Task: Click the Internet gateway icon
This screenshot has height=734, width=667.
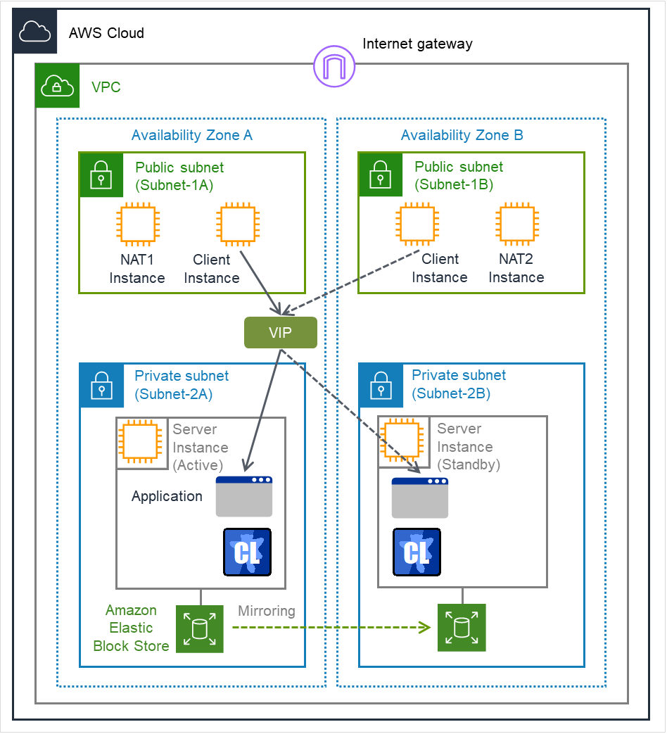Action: (x=334, y=66)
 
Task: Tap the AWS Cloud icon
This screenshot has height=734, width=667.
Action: (x=34, y=32)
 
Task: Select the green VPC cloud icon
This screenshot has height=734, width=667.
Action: (x=58, y=87)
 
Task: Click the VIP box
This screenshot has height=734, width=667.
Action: (x=280, y=333)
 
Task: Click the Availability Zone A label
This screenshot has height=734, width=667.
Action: (x=191, y=136)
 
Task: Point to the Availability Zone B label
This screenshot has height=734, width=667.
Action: (x=462, y=136)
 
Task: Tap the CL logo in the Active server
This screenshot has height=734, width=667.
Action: (x=247, y=552)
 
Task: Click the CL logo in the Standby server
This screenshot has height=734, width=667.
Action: (x=417, y=552)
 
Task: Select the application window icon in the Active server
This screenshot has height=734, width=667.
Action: (x=244, y=497)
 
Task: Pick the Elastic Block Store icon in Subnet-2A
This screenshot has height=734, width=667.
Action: (x=199, y=628)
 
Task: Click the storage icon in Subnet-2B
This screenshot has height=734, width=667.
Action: (x=462, y=628)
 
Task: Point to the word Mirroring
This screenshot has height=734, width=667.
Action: (x=267, y=611)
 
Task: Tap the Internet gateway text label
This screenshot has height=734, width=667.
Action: (x=417, y=44)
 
